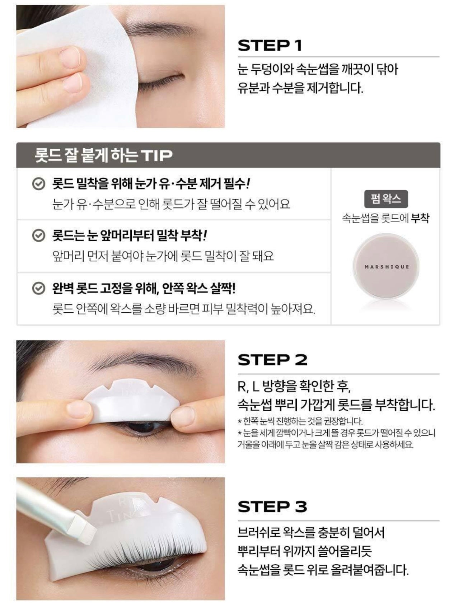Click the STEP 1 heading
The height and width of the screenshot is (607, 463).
click(x=270, y=46)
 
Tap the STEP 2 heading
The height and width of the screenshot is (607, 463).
click(x=272, y=360)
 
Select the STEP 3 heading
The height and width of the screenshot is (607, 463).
click(x=272, y=507)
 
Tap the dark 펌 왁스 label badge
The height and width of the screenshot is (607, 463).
click(x=386, y=199)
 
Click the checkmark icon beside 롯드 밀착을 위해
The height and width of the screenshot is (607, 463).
click(x=38, y=184)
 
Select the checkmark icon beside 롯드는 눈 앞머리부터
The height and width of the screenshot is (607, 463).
click(x=38, y=236)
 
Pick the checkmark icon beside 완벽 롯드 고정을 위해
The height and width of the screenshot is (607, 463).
click(x=38, y=289)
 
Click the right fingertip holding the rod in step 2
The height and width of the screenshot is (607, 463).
click(x=184, y=416)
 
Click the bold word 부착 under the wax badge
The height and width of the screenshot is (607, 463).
click(x=420, y=218)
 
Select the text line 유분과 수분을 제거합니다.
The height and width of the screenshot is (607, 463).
click(x=300, y=88)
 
